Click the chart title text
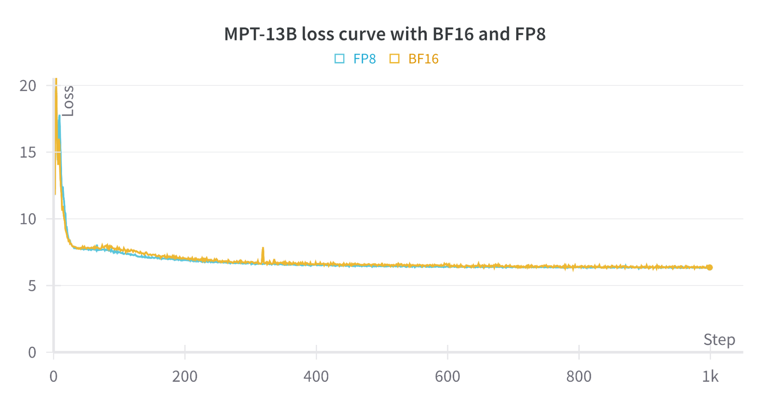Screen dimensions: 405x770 coord(384,34)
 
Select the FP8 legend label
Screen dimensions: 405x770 coord(364,59)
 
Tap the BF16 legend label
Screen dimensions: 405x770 coord(423,59)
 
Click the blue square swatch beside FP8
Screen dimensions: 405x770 coord(339,59)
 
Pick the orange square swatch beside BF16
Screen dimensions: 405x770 coord(394,59)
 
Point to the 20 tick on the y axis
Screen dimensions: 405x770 coord(28,86)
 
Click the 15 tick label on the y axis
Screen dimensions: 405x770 coord(28,153)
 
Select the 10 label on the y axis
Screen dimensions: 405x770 coord(28,219)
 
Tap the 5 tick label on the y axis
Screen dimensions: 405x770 coord(32,286)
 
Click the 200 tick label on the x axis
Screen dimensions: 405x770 coord(185,376)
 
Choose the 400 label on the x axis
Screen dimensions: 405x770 coord(316,376)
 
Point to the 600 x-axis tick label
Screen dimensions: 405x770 coord(448,376)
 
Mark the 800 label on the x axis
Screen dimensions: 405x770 coord(579,376)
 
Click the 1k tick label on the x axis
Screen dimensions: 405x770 coord(710,376)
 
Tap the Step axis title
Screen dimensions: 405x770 coord(719,339)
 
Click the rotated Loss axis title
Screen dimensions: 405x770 coord(68,101)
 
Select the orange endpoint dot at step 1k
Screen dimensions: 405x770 coord(710,267)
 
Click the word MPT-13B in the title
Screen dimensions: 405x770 coord(260,34)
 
